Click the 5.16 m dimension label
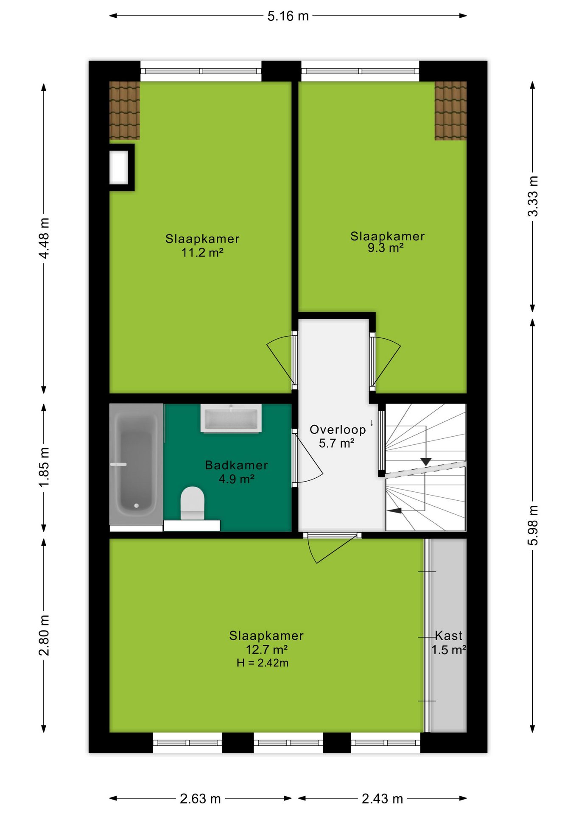click(x=288, y=16)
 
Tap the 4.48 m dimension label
click(x=44, y=238)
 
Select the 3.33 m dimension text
click(x=533, y=196)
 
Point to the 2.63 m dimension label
click(x=200, y=799)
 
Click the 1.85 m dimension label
click(x=44, y=467)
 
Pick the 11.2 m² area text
click(x=202, y=253)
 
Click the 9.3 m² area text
click(x=386, y=248)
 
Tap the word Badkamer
click(x=236, y=465)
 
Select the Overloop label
click(x=338, y=429)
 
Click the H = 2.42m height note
click(x=263, y=663)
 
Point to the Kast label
click(x=449, y=636)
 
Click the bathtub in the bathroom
click(x=136, y=464)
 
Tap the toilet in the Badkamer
click(x=192, y=503)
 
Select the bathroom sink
click(x=231, y=418)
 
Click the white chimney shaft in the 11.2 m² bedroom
click(x=119, y=167)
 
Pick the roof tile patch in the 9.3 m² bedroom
click(x=450, y=111)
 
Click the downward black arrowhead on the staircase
click(x=426, y=462)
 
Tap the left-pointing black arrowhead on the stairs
click(x=394, y=510)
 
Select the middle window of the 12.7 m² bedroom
click(x=288, y=743)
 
